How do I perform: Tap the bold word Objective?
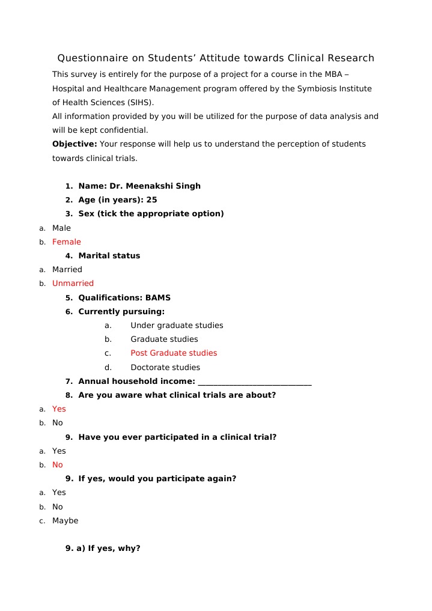[75, 144]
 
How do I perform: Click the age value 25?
[151, 200]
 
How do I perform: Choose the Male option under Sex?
[61, 228]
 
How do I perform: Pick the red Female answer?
[66, 242]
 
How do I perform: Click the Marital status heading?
[109, 256]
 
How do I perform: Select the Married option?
[67, 270]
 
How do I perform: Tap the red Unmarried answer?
[73, 284]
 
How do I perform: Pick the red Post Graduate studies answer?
[174, 353]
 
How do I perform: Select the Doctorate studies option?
[165, 368]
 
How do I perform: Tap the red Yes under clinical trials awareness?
[59, 409]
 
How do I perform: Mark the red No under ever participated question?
[57, 465]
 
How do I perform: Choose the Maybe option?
[65, 521]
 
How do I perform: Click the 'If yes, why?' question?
[114, 549]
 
